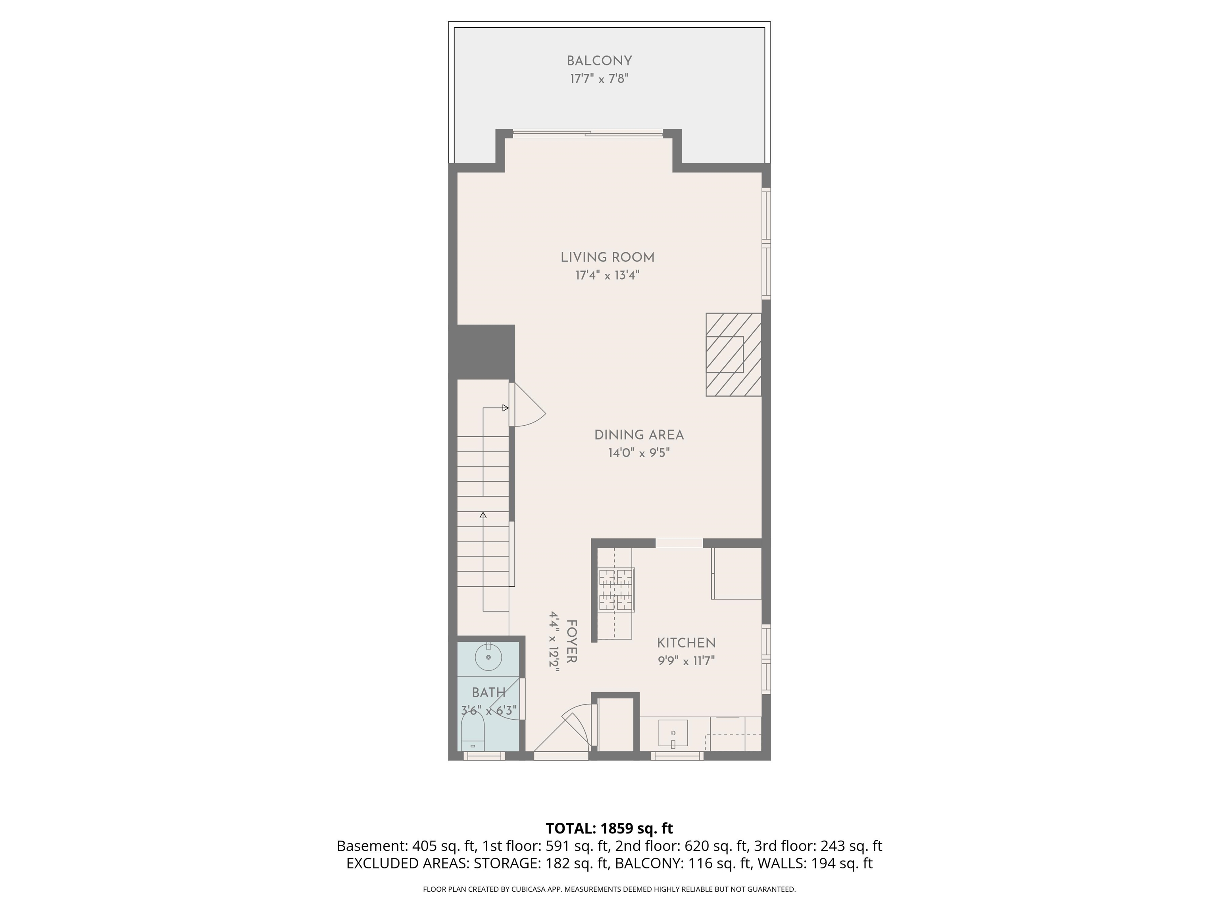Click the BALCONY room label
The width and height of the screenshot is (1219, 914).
(x=599, y=61)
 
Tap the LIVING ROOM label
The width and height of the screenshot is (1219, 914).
(x=607, y=257)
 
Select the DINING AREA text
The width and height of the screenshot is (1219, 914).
(x=639, y=435)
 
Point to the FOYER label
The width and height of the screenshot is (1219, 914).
(x=571, y=641)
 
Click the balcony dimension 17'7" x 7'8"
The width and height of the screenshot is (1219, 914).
(x=599, y=79)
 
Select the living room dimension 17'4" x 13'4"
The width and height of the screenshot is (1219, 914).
(x=607, y=275)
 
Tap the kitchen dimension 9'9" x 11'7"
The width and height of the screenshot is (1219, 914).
(x=686, y=661)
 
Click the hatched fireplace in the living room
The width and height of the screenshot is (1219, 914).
(x=733, y=354)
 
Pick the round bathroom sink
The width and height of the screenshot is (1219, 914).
(x=488, y=657)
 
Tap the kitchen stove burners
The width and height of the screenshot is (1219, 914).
(x=616, y=590)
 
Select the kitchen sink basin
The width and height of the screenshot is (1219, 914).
(x=673, y=733)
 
